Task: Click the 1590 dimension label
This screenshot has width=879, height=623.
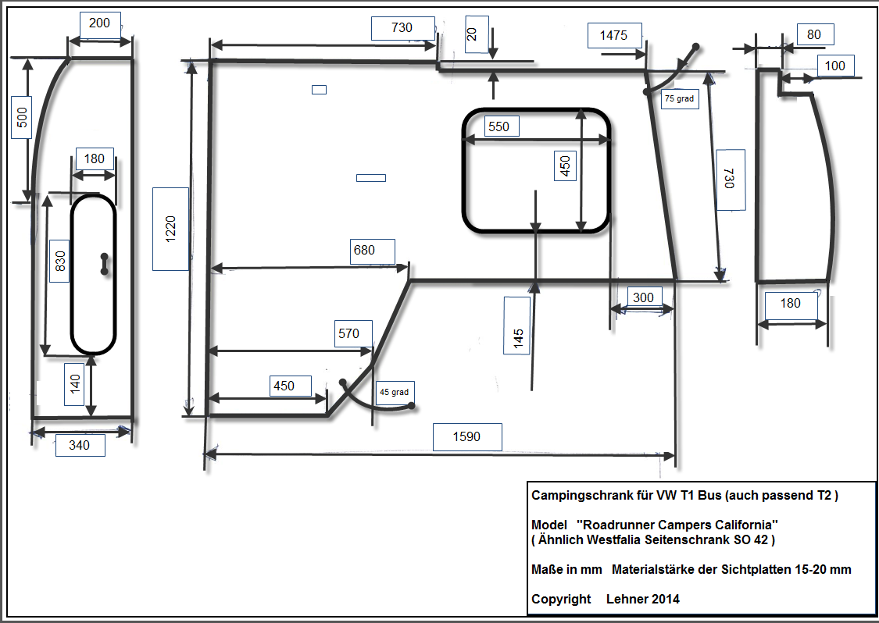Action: point(467,437)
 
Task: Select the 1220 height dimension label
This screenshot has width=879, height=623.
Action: point(170,229)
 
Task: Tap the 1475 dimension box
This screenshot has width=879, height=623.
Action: point(614,35)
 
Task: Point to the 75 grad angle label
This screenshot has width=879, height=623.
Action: point(680,98)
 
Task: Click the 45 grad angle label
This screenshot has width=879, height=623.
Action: point(394,392)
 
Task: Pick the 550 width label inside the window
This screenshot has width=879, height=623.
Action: point(499,126)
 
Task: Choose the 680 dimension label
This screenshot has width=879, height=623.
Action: point(364,251)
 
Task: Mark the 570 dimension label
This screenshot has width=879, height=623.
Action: point(348,334)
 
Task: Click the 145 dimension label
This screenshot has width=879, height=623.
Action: point(517,326)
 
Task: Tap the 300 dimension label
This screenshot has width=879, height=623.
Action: point(643,297)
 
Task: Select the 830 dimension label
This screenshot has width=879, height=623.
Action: point(59,261)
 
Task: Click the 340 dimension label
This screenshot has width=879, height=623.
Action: point(80,445)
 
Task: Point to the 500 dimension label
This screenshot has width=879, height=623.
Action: point(21,117)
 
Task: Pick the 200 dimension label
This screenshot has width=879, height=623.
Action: point(100,23)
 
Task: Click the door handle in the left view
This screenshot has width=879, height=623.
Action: point(104,265)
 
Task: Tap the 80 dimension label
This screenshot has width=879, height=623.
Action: point(814,34)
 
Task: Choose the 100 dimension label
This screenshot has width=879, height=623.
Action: point(834,66)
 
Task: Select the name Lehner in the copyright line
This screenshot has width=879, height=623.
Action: point(624,599)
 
